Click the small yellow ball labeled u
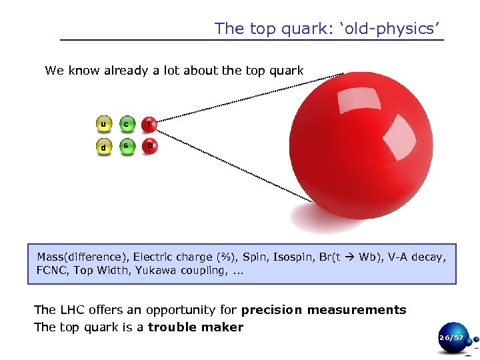pyautogui.click(x=103, y=125)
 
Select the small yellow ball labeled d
pyautogui.click(x=103, y=147)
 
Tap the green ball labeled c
pyautogui.click(x=127, y=125)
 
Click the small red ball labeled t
pyautogui.click(x=150, y=124)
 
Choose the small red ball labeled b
pyautogui.click(x=150, y=146)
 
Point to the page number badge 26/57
pyautogui.click(x=451, y=339)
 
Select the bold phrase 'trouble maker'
pyautogui.click(x=195, y=327)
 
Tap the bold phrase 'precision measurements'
pyautogui.click(x=323, y=310)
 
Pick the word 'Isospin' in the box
pyautogui.click(x=293, y=257)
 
